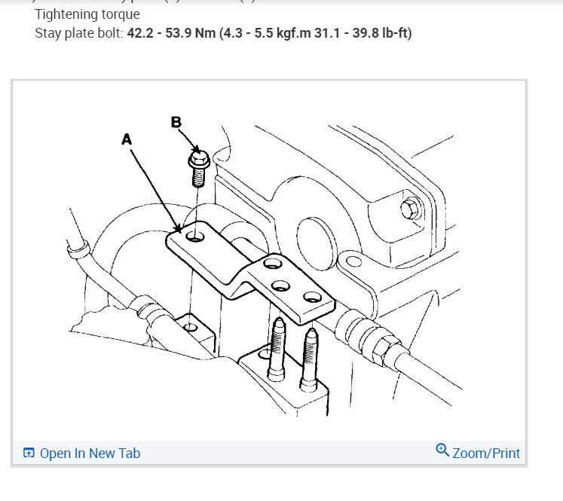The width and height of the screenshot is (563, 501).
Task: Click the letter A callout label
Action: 126,139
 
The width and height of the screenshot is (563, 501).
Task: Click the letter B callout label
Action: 176,122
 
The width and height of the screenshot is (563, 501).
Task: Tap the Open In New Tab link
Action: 89,453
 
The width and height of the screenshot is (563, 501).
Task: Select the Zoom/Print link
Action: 486,453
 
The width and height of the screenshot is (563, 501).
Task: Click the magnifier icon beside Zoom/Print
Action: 442,451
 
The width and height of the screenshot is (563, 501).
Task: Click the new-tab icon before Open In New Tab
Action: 29,453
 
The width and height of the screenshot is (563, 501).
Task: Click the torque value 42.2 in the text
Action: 142,33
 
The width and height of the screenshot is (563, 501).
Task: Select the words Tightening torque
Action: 87,14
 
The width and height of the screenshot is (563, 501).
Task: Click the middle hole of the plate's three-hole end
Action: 280,286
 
